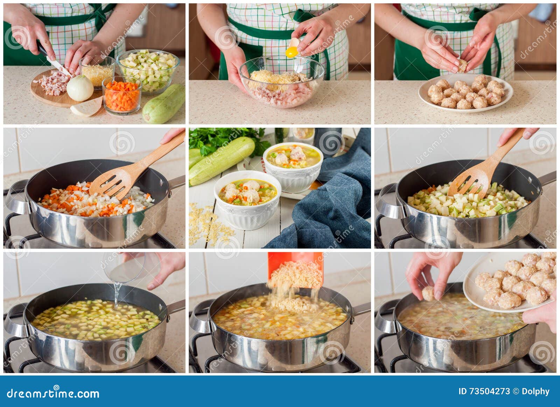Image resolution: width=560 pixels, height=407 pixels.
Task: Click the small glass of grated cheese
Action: (97, 71)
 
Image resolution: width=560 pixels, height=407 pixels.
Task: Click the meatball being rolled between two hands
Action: (462, 65)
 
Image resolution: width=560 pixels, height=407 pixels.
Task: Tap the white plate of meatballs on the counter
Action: (465, 92)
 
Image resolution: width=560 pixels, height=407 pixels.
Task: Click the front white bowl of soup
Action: (247, 199)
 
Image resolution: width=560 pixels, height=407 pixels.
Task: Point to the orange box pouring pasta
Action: (295, 269)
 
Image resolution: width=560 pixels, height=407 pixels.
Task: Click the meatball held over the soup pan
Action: (427, 294)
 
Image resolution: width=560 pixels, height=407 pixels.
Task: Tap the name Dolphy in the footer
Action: (536, 392)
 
